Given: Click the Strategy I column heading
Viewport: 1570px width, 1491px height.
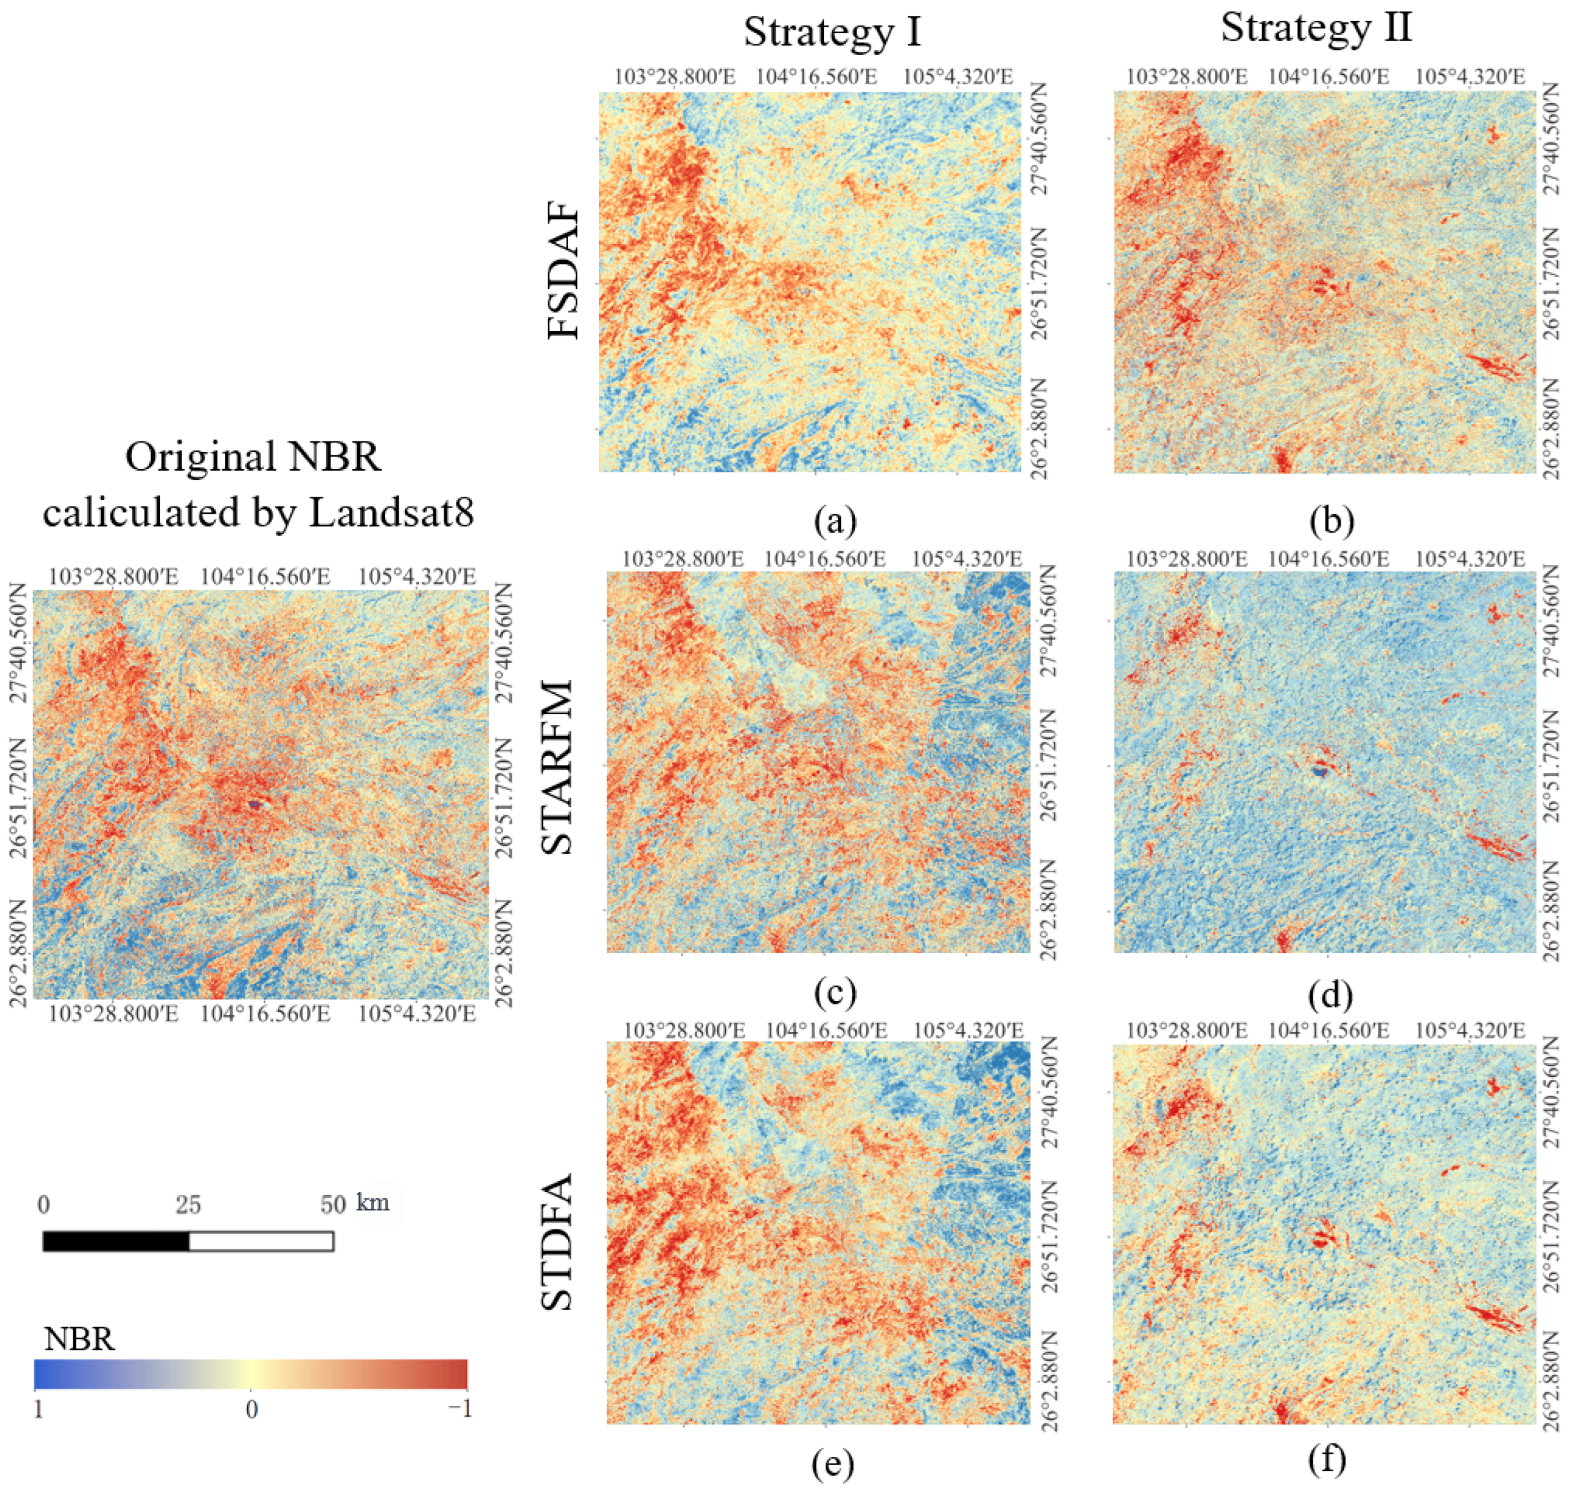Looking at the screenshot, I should pos(833,33).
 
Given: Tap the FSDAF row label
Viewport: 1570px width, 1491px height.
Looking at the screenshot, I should pos(565,274).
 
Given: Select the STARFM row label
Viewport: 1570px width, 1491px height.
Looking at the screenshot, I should pos(558,767).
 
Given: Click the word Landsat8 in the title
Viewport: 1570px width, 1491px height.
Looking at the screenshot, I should pos(391,512).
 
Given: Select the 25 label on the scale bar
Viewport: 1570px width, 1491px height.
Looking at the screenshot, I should pos(188,1205).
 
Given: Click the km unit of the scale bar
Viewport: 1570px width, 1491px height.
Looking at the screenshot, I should pos(373,1202).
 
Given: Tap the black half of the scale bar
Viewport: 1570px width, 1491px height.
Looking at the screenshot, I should pos(116,1241).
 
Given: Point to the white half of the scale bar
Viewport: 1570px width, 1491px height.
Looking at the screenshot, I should pos(261,1241).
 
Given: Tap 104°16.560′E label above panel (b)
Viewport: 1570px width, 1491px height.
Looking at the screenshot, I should pos(1328,77).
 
